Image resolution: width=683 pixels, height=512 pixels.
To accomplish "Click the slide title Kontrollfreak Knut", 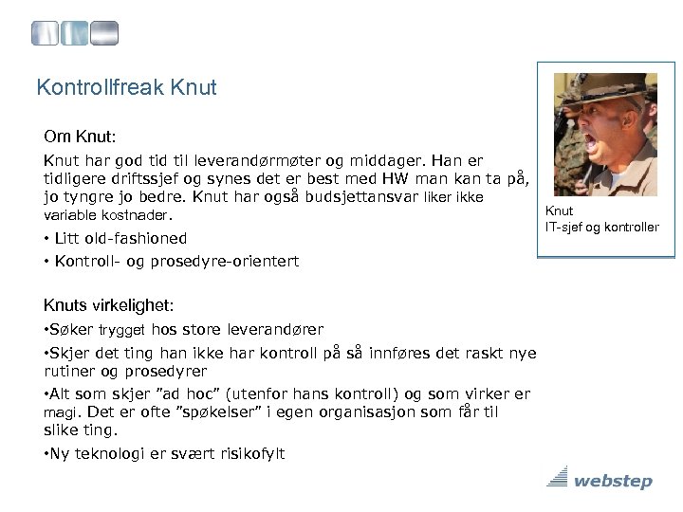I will click(126, 88).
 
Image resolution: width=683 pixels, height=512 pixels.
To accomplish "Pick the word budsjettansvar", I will click(347, 197).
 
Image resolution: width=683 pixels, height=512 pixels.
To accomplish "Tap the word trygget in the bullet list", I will click(122, 330).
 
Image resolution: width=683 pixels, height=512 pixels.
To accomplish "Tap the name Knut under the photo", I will click(559, 211).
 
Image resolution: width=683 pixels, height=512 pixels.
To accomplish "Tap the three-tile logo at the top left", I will click(75, 35).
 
